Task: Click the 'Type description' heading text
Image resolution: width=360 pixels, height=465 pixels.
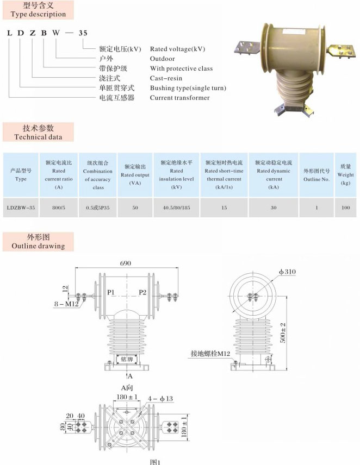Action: pos(38,14)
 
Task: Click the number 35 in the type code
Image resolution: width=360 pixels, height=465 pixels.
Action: pos(83,33)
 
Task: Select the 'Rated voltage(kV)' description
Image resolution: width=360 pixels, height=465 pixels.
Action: pos(178,49)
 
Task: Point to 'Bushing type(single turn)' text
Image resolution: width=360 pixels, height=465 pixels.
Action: pos(188,88)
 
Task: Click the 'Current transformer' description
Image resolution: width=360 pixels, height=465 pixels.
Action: pos(179,98)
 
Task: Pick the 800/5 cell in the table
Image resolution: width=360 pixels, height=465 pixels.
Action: pos(59,207)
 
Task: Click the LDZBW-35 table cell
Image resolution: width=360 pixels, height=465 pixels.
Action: pos(21,207)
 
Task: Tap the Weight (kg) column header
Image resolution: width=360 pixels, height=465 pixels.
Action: pos(345,174)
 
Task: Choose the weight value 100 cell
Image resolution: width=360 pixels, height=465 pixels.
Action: pos(345,207)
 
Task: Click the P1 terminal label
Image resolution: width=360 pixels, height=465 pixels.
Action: pos(111,292)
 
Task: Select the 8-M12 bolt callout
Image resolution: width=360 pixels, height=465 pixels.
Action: pos(67,304)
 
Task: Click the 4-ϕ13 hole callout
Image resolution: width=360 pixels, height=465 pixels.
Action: pos(162,399)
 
